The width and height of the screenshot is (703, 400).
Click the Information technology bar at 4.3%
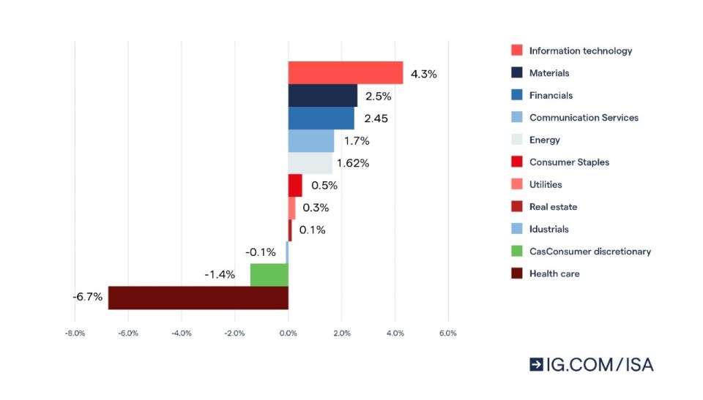coord(345,73)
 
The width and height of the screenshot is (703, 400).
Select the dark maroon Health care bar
coord(198,298)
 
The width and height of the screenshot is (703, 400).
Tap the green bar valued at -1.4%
coord(269,275)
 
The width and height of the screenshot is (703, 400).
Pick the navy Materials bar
coord(322,96)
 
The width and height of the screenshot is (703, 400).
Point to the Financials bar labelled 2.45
coord(321,118)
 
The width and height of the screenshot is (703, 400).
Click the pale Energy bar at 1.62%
coord(310,163)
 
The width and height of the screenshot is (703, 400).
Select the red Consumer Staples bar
coord(295,185)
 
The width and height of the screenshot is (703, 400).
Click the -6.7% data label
coord(87,298)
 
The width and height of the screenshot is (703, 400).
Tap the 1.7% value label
coord(356,140)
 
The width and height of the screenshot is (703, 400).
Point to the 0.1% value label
coord(312,230)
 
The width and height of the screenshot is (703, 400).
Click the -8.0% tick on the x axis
coord(75,333)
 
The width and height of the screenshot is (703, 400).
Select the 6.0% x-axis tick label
coord(447,333)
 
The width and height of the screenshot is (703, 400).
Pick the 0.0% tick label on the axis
coord(288,333)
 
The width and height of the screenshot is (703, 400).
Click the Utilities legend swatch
coord(517,185)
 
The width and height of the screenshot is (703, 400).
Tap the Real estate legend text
coord(553,207)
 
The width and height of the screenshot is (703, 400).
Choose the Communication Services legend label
coord(584,118)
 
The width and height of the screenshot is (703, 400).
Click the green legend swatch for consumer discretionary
coord(517,252)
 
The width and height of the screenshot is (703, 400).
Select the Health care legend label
coord(554,273)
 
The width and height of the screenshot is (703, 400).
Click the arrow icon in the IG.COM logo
coord(537,364)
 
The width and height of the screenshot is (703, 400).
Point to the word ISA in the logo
coord(636,364)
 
